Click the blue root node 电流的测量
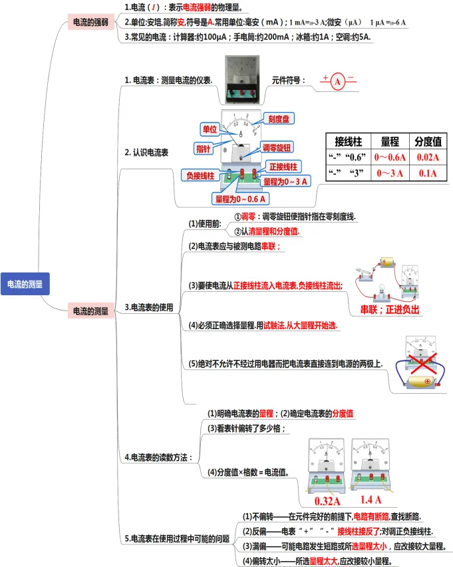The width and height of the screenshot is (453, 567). [x=25, y=283]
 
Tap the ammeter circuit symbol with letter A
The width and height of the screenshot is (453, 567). [x=338, y=82]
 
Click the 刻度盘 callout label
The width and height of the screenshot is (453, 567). [x=278, y=119]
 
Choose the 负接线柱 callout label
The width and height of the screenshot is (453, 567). [x=200, y=175]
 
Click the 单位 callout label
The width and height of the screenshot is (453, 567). [x=210, y=127]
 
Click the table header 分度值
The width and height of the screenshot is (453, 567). [x=428, y=141]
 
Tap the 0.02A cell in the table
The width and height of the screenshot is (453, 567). [x=428, y=157]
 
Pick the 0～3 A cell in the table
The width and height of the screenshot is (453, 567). [x=389, y=173]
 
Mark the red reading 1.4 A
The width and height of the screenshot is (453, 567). [x=371, y=500]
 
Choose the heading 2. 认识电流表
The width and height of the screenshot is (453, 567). [x=146, y=152]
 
